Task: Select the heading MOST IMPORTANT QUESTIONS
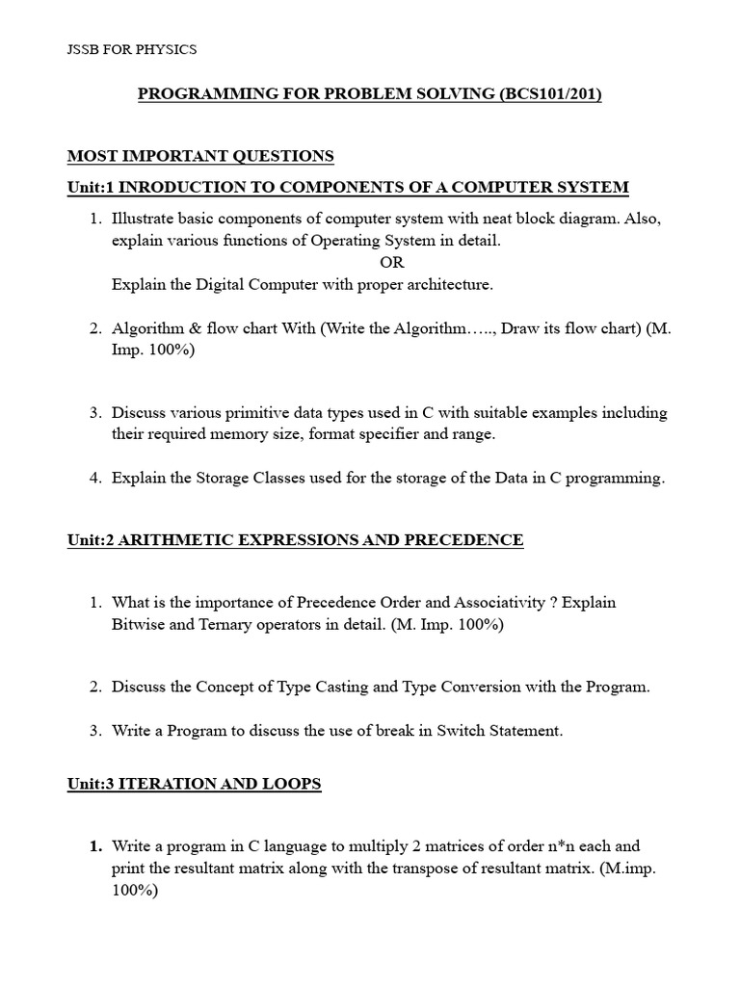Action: pyautogui.click(x=200, y=156)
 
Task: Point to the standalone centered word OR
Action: pyautogui.click(x=392, y=262)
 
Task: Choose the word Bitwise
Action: pyautogui.click(x=138, y=624)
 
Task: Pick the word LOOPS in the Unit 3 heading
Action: pyautogui.click(x=295, y=784)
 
